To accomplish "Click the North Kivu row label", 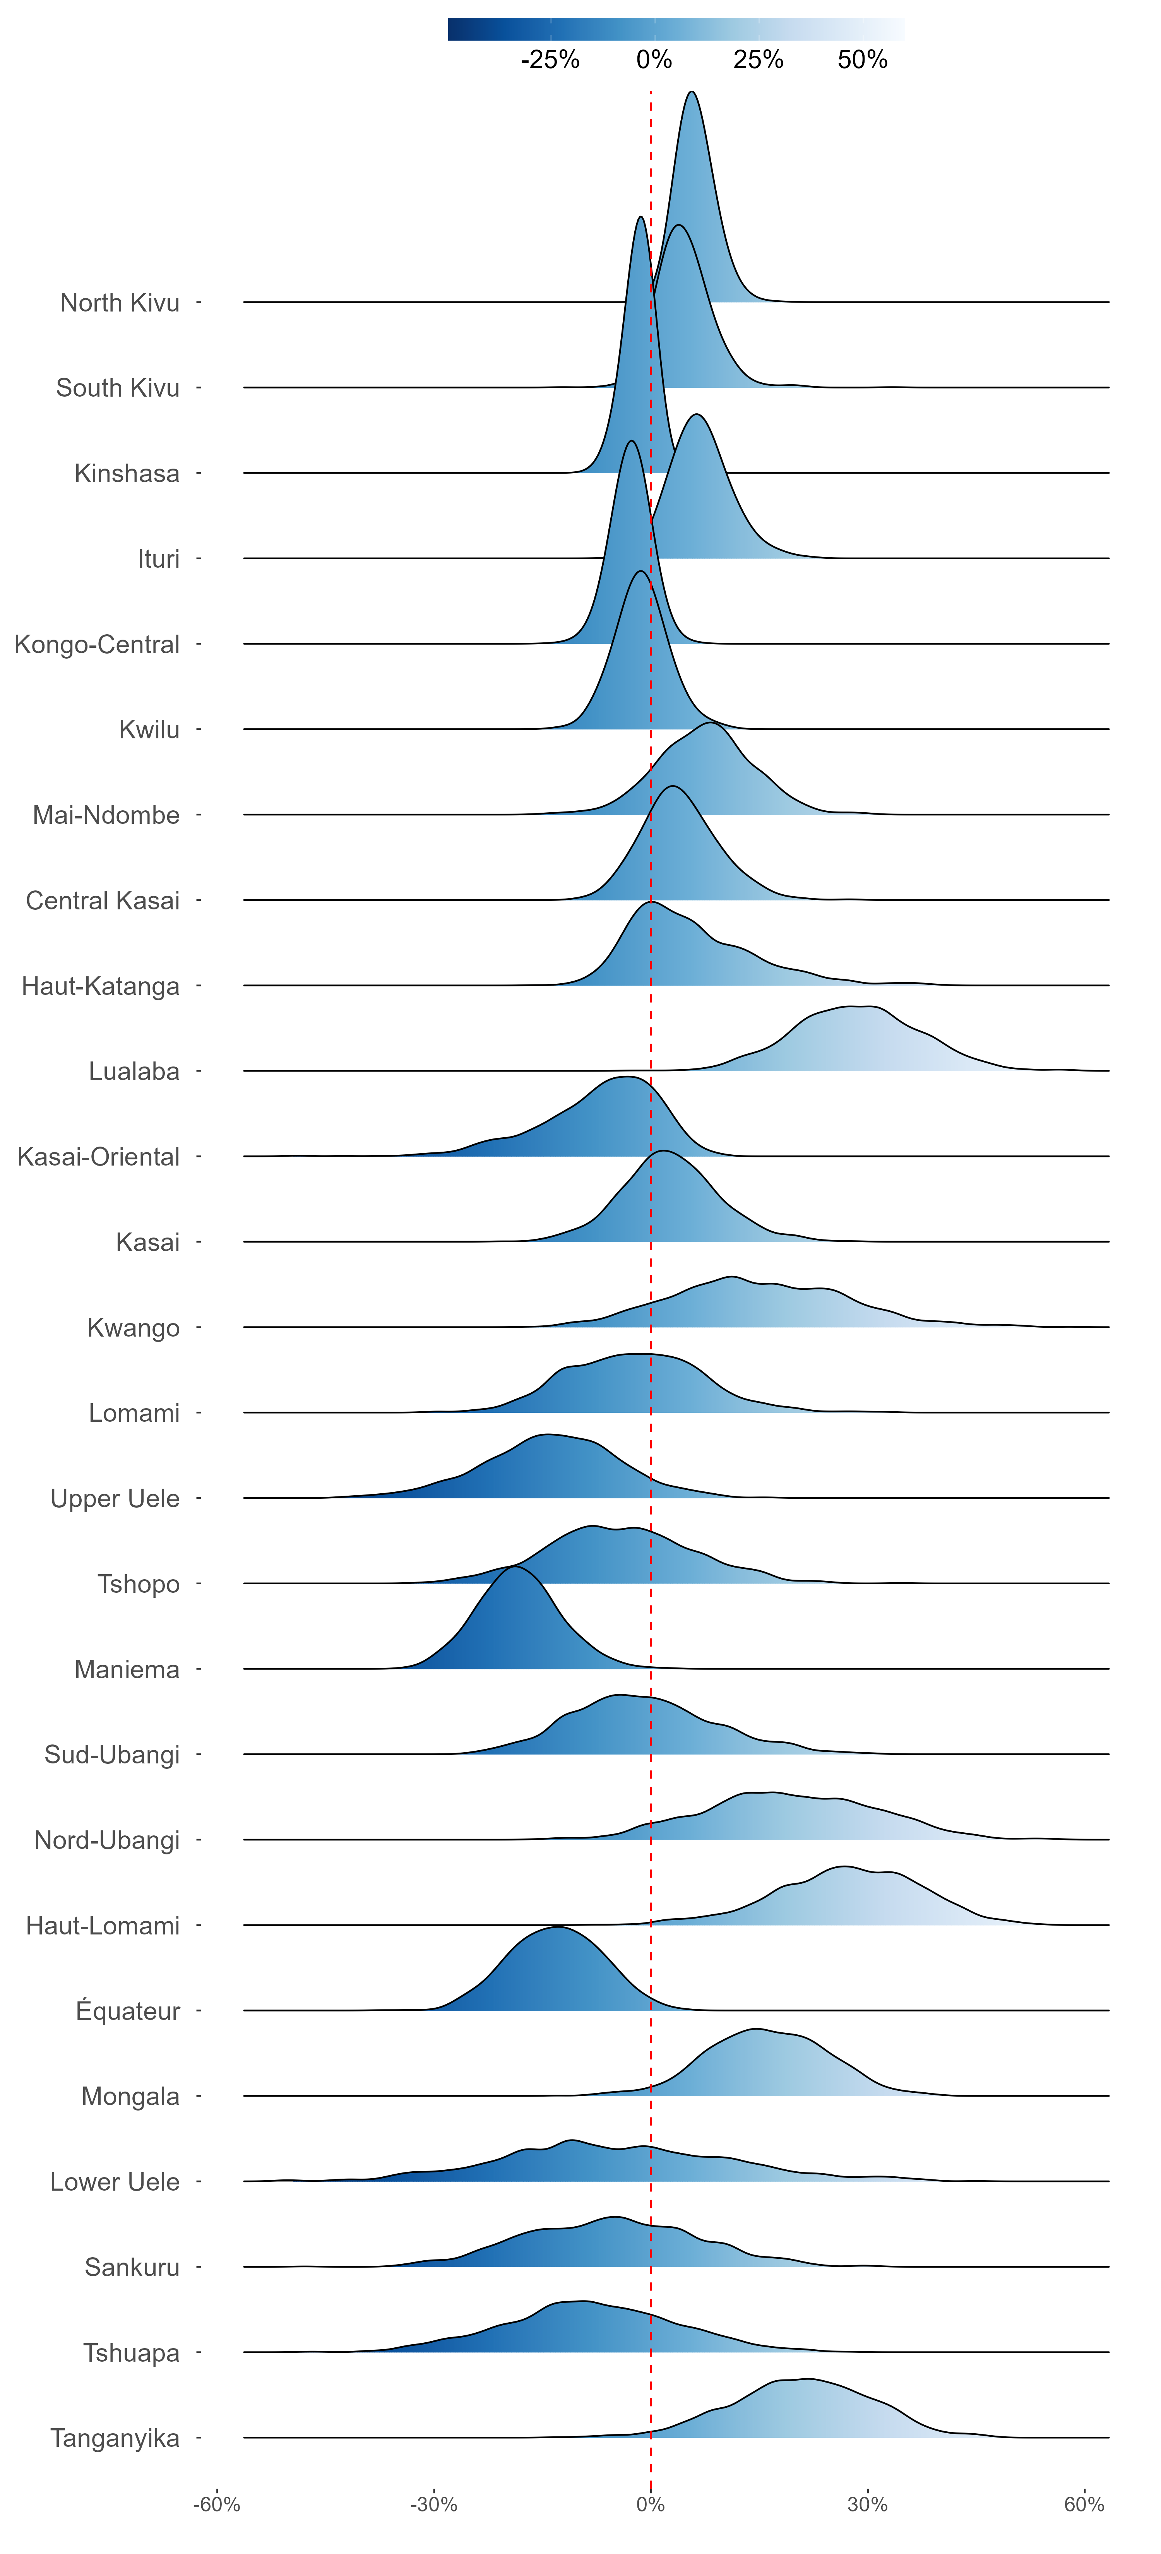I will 120,302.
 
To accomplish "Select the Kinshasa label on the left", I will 127,473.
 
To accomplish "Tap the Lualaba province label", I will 134,1071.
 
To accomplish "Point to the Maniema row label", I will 127,1670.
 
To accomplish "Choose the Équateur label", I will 128,2011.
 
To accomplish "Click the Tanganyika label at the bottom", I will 115,2438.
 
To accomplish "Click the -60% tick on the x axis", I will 216,2504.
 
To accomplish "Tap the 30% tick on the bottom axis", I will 868,2504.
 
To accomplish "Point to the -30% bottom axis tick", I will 433,2504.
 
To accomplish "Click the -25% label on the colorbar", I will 550,60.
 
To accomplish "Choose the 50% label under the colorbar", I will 863,60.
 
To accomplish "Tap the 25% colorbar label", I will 759,60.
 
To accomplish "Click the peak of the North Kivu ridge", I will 692,92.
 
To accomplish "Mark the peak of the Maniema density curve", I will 514,1566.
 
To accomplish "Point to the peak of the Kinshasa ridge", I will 640,217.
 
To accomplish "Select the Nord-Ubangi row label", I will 107,1840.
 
